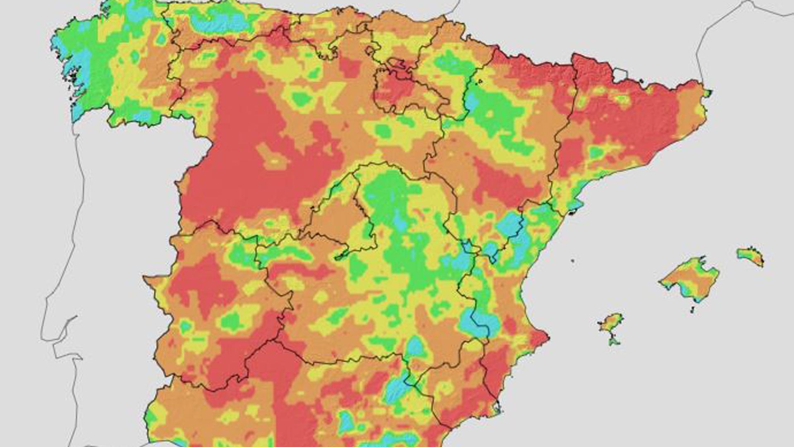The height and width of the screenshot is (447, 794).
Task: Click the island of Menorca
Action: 750,255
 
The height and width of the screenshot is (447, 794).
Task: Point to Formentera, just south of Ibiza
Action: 614,341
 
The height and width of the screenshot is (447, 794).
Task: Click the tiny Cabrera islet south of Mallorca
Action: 693,309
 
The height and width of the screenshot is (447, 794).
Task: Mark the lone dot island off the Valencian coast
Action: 573,261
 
